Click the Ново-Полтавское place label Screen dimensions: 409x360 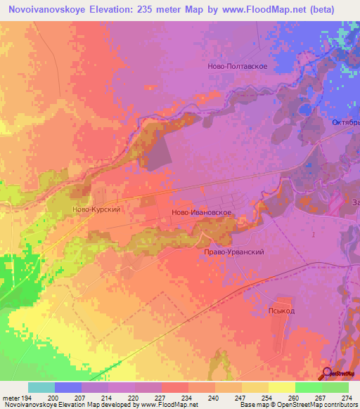pyautogui.click(x=238, y=65)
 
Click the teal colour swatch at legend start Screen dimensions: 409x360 pyautogui.click(x=41, y=387)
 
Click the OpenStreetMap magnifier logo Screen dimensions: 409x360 pyautogui.click(x=328, y=373)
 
